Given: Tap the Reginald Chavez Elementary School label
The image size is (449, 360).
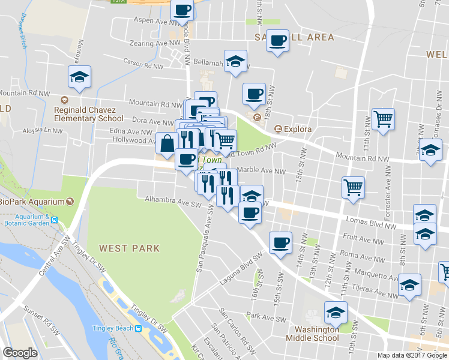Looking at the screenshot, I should pyautogui.click(x=88, y=114).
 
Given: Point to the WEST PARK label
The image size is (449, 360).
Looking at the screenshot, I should pyautogui.click(x=130, y=248).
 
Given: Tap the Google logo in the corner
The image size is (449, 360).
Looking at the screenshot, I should pyautogui.click(x=20, y=353).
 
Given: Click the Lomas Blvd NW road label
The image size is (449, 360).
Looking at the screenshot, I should pyautogui.click(x=374, y=223).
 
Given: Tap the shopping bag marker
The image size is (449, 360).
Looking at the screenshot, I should pyautogui.click(x=166, y=143).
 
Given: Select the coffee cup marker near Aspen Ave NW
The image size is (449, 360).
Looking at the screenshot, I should pyautogui.click(x=182, y=10).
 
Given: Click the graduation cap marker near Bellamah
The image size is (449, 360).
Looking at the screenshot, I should pyautogui.click(x=236, y=61).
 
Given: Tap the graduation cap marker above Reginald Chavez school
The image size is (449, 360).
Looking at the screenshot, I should pyautogui.click(x=79, y=77).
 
